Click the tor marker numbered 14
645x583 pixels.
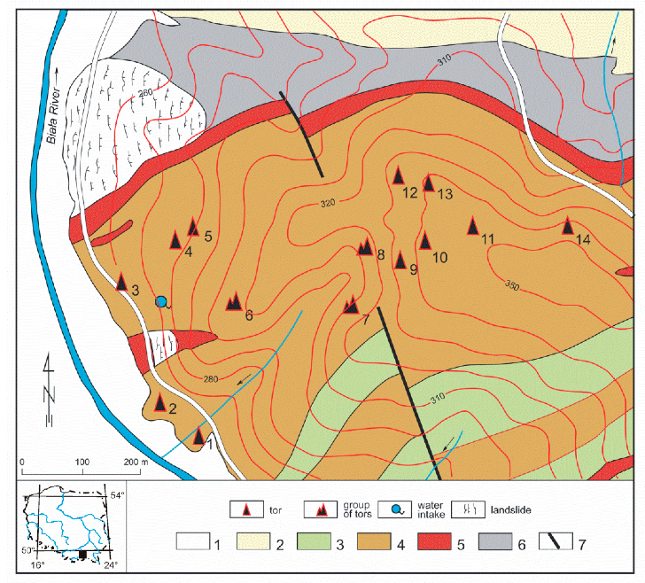[569, 227]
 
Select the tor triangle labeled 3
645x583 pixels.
[122, 282]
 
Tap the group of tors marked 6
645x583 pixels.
[234, 302]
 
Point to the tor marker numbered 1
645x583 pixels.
[199, 436]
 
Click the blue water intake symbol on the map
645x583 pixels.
[161, 301]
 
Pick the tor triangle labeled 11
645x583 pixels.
[473, 226]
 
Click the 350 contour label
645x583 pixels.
[511, 285]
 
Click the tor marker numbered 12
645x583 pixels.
[399, 176]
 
